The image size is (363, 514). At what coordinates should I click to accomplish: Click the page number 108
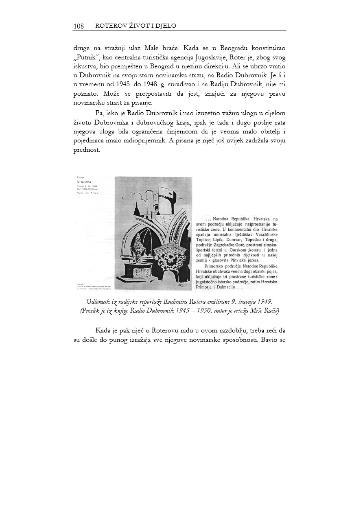pyautogui.click(x=79, y=26)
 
